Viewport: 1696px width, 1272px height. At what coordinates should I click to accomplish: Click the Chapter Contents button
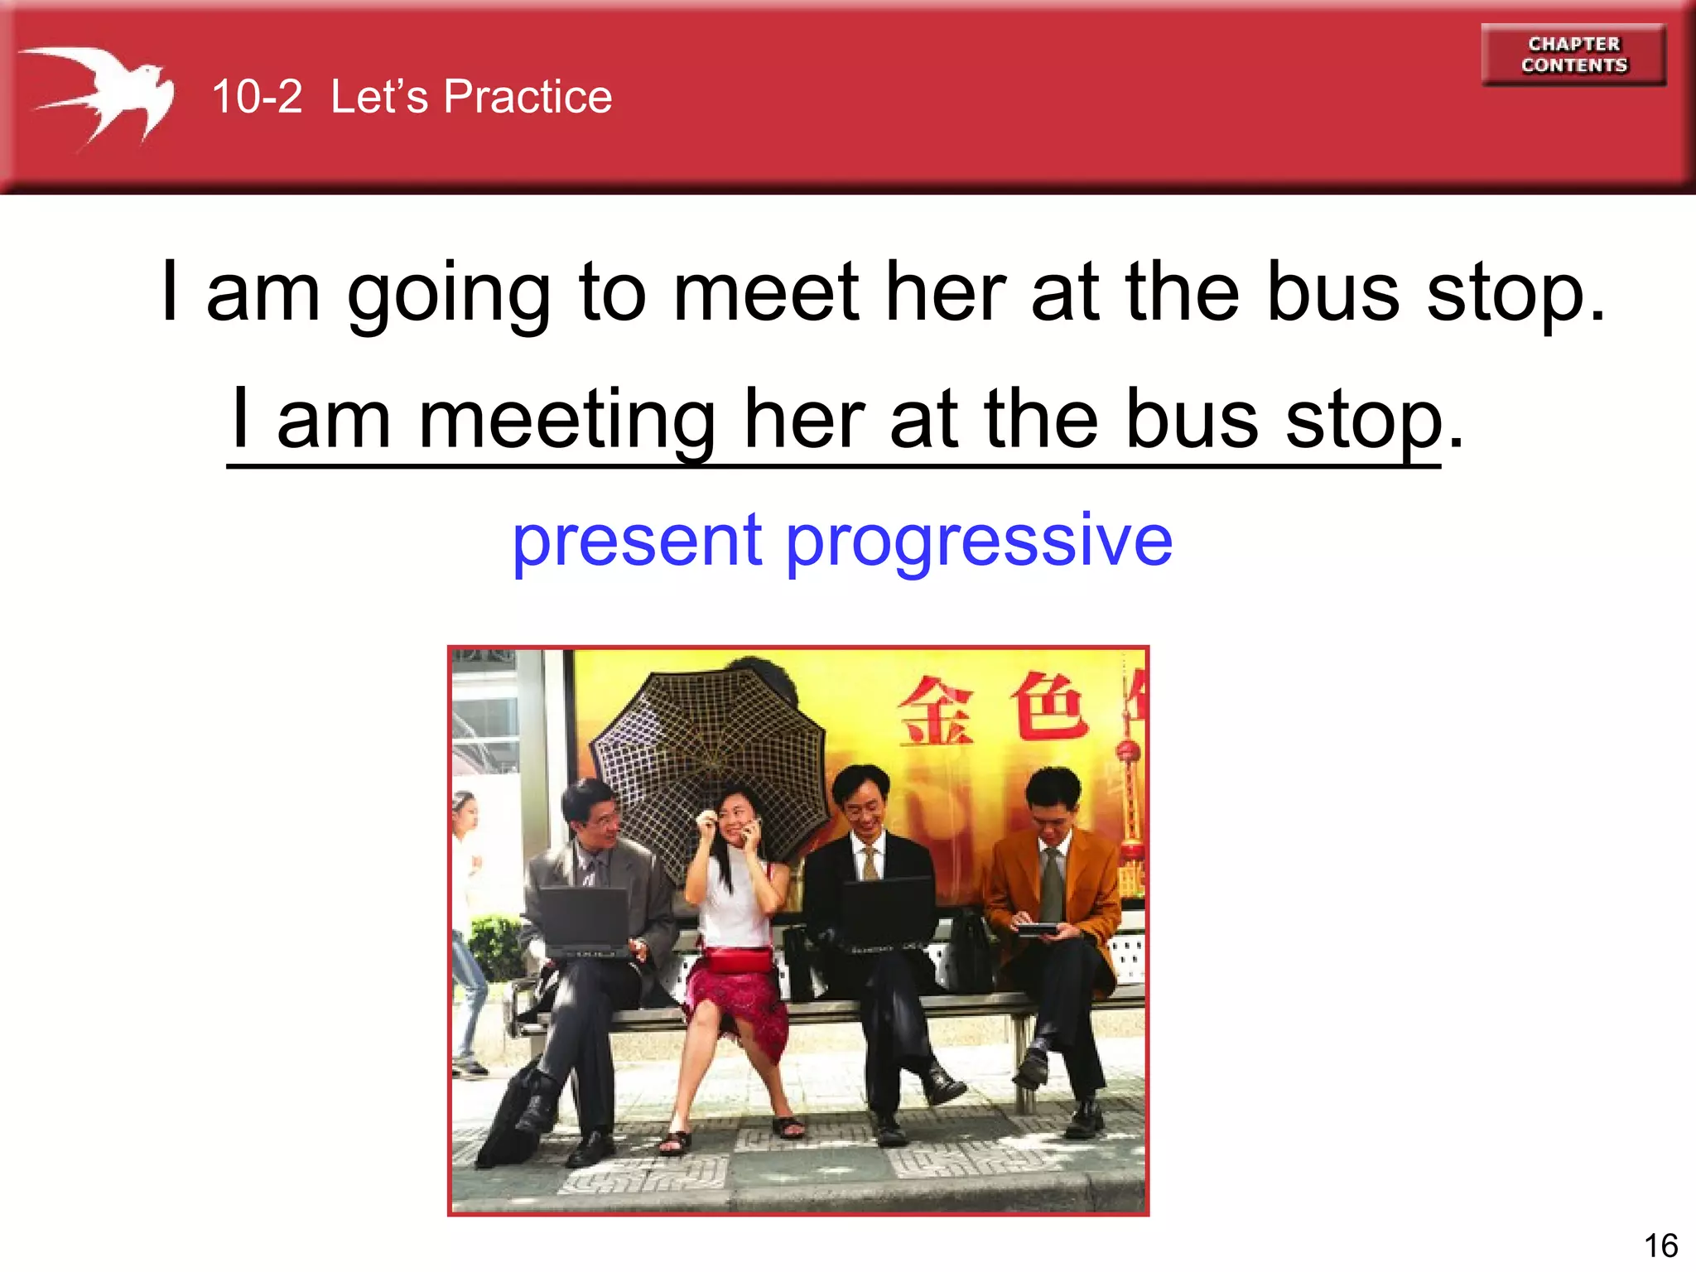(1573, 55)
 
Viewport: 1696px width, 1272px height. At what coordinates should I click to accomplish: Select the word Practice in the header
(528, 97)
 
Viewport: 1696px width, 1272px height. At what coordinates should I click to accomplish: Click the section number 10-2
(257, 97)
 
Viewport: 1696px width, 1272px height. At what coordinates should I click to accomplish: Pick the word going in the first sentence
(448, 294)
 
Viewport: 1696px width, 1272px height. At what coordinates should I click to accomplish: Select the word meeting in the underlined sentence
(566, 421)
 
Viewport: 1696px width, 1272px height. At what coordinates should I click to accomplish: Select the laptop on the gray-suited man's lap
(584, 919)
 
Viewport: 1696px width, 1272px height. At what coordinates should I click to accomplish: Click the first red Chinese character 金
(936, 711)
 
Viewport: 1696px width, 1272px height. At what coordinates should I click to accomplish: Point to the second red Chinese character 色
(1048, 706)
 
